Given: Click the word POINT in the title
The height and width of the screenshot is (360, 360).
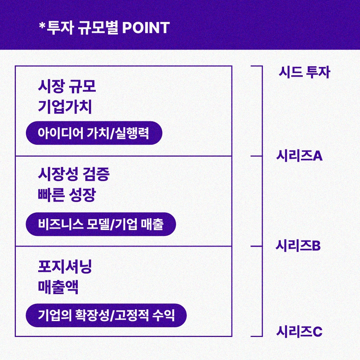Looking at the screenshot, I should click(x=146, y=28).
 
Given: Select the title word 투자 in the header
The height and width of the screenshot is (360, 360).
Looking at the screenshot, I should click(x=57, y=28).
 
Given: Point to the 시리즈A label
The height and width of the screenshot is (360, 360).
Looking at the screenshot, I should click(x=299, y=156).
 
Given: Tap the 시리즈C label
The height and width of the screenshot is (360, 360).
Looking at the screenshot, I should click(x=299, y=331).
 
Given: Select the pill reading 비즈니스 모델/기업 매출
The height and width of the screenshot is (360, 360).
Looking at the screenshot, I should click(x=101, y=224).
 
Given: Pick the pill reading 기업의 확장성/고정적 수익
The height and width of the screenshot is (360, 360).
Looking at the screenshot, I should click(x=106, y=315).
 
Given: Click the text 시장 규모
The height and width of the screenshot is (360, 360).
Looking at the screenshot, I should click(x=67, y=86).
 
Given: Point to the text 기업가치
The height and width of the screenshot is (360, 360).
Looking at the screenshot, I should click(x=65, y=107).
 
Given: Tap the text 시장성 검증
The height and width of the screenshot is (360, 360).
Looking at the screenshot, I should click(x=73, y=175).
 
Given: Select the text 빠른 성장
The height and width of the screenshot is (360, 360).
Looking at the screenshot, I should click(x=67, y=195).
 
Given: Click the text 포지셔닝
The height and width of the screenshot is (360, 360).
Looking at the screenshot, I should click(x=65, y=267).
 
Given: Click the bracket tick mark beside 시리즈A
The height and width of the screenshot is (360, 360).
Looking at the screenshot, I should click(x=256, y=156).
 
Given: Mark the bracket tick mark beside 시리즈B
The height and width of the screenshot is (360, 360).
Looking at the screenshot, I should click(x=256, y=246).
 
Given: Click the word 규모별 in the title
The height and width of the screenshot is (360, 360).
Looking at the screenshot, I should click(x=98, y=28).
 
